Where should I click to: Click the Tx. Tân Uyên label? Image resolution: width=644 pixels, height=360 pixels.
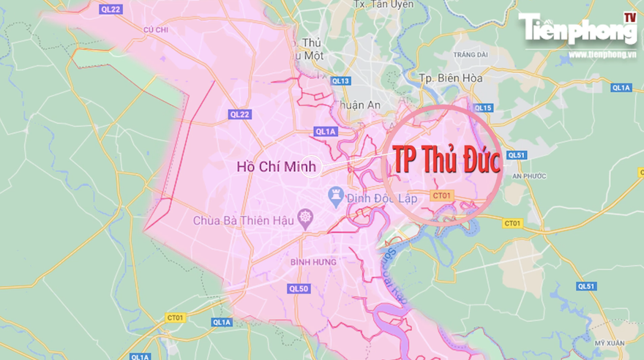(x=381, y=4)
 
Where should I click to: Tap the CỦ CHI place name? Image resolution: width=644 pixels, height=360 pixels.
(x=156, y=29)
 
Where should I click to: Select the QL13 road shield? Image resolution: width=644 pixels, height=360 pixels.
(x=340, y=80)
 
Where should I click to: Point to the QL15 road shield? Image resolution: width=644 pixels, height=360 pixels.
(x=483, y=108)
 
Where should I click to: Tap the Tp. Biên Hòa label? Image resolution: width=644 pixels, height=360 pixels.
(x=449, y=78)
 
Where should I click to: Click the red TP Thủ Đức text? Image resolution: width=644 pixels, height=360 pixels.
(x=447, y=160)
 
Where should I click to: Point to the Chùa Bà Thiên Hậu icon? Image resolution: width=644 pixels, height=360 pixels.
(x=304, y=218)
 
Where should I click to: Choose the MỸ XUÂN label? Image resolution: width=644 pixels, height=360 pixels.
(x=610, y=343)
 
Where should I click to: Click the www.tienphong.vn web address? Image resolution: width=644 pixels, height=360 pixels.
(x=602, y=54)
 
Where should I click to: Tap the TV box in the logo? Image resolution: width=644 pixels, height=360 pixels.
(x=629, y=16)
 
